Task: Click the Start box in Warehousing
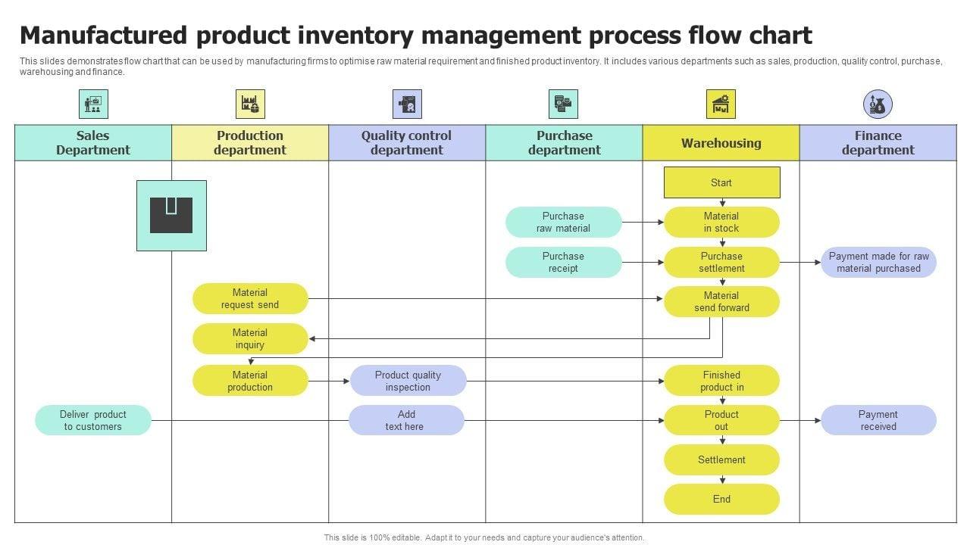(721, 182)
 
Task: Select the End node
(721, 499)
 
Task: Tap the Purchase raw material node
(563, 223)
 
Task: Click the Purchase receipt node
(563, 263)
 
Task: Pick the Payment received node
(878, 420)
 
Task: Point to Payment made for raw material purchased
(878, 263)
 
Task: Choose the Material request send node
(250, 299)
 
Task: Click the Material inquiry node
(250, 339)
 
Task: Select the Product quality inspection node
(408, 381)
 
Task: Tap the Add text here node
(405, 420)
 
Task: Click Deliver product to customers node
(93, 420)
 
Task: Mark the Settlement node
(721, 459)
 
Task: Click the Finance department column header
(878, 143)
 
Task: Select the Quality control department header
(406, 143)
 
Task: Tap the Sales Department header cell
(93, 143)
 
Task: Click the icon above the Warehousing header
(721, 104)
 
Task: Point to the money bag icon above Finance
(878, 104)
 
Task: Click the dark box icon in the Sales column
(171, 216)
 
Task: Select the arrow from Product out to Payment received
(799, 420)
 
